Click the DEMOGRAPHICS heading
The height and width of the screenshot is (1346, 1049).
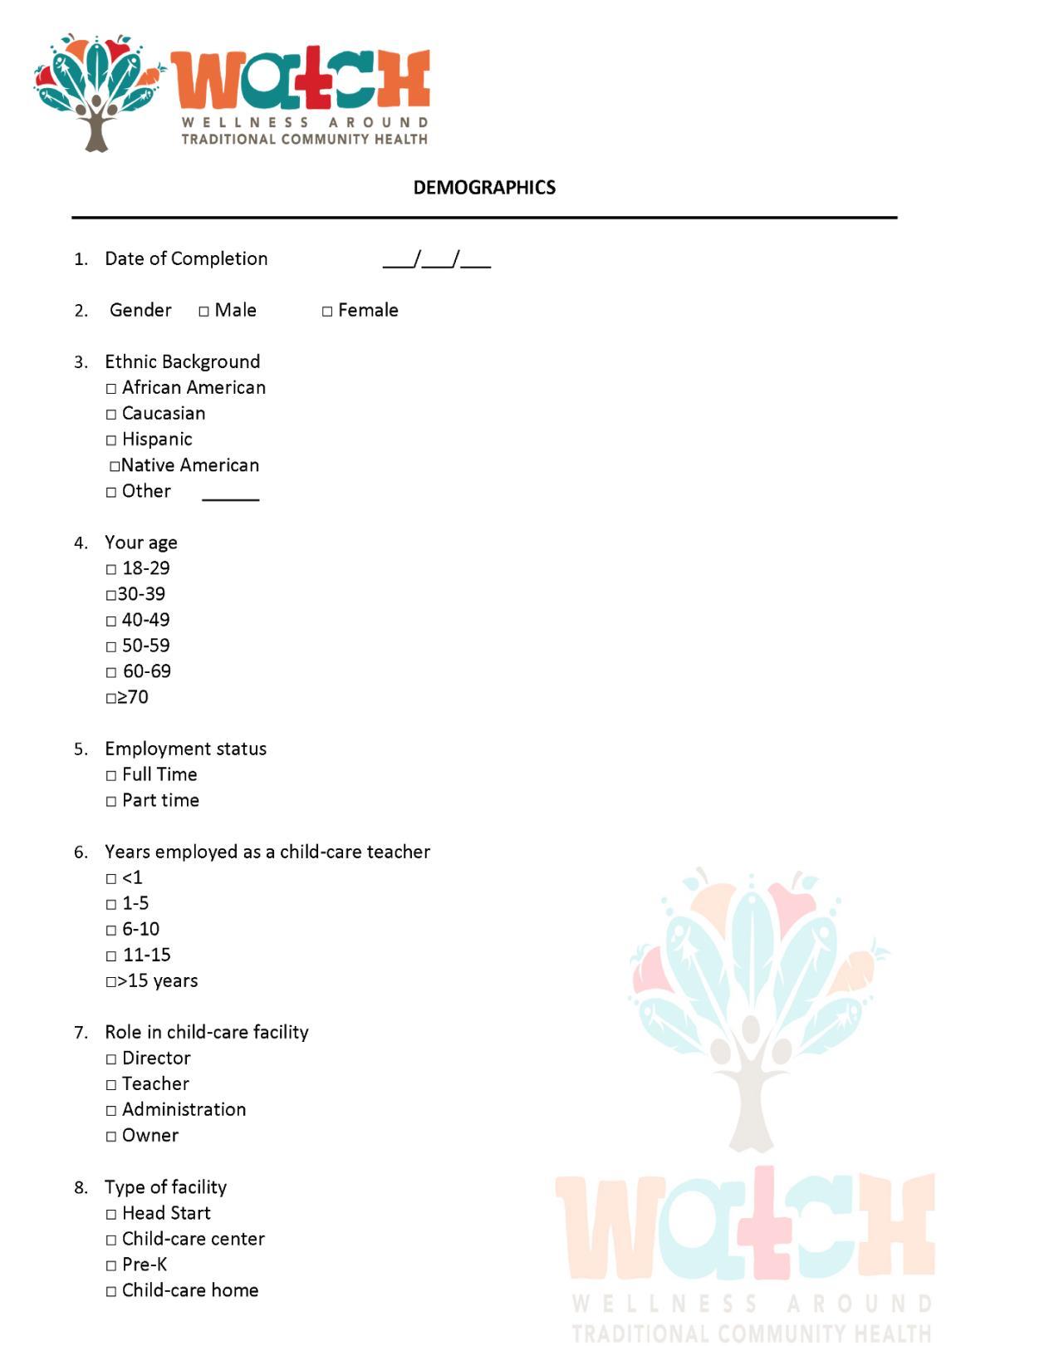tap(484, 188)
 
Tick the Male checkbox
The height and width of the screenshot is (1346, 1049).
tap(203, 312)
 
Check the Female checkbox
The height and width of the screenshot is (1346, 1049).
tap(327, 312)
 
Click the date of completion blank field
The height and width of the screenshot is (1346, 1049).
tap(436, 260)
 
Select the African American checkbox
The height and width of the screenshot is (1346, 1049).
tap(111, 389)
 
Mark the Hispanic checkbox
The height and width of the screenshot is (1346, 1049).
tap(111, 440)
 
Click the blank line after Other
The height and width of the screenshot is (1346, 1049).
tap(231, 497)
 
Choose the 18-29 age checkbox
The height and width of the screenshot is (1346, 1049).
tap(111, 570)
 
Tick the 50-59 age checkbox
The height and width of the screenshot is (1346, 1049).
tap(111, 647)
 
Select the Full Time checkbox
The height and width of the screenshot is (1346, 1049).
tap(111, 776)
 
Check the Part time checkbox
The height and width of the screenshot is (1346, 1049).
tap(111, 802)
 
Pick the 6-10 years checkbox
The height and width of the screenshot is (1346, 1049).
tap(111, 931)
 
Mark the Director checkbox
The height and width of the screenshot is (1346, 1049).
tap(111, 1059)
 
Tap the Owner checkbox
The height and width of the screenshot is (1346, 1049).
tap(111, 1137)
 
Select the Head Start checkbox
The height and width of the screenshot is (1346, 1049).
tap(111, 1215)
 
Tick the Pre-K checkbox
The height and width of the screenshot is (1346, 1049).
tap(111, 1266)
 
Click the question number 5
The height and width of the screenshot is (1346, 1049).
tap(81, 749)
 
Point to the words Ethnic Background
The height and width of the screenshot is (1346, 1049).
tap(182, 361)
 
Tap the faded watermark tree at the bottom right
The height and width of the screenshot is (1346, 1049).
tap(752, 1005)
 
